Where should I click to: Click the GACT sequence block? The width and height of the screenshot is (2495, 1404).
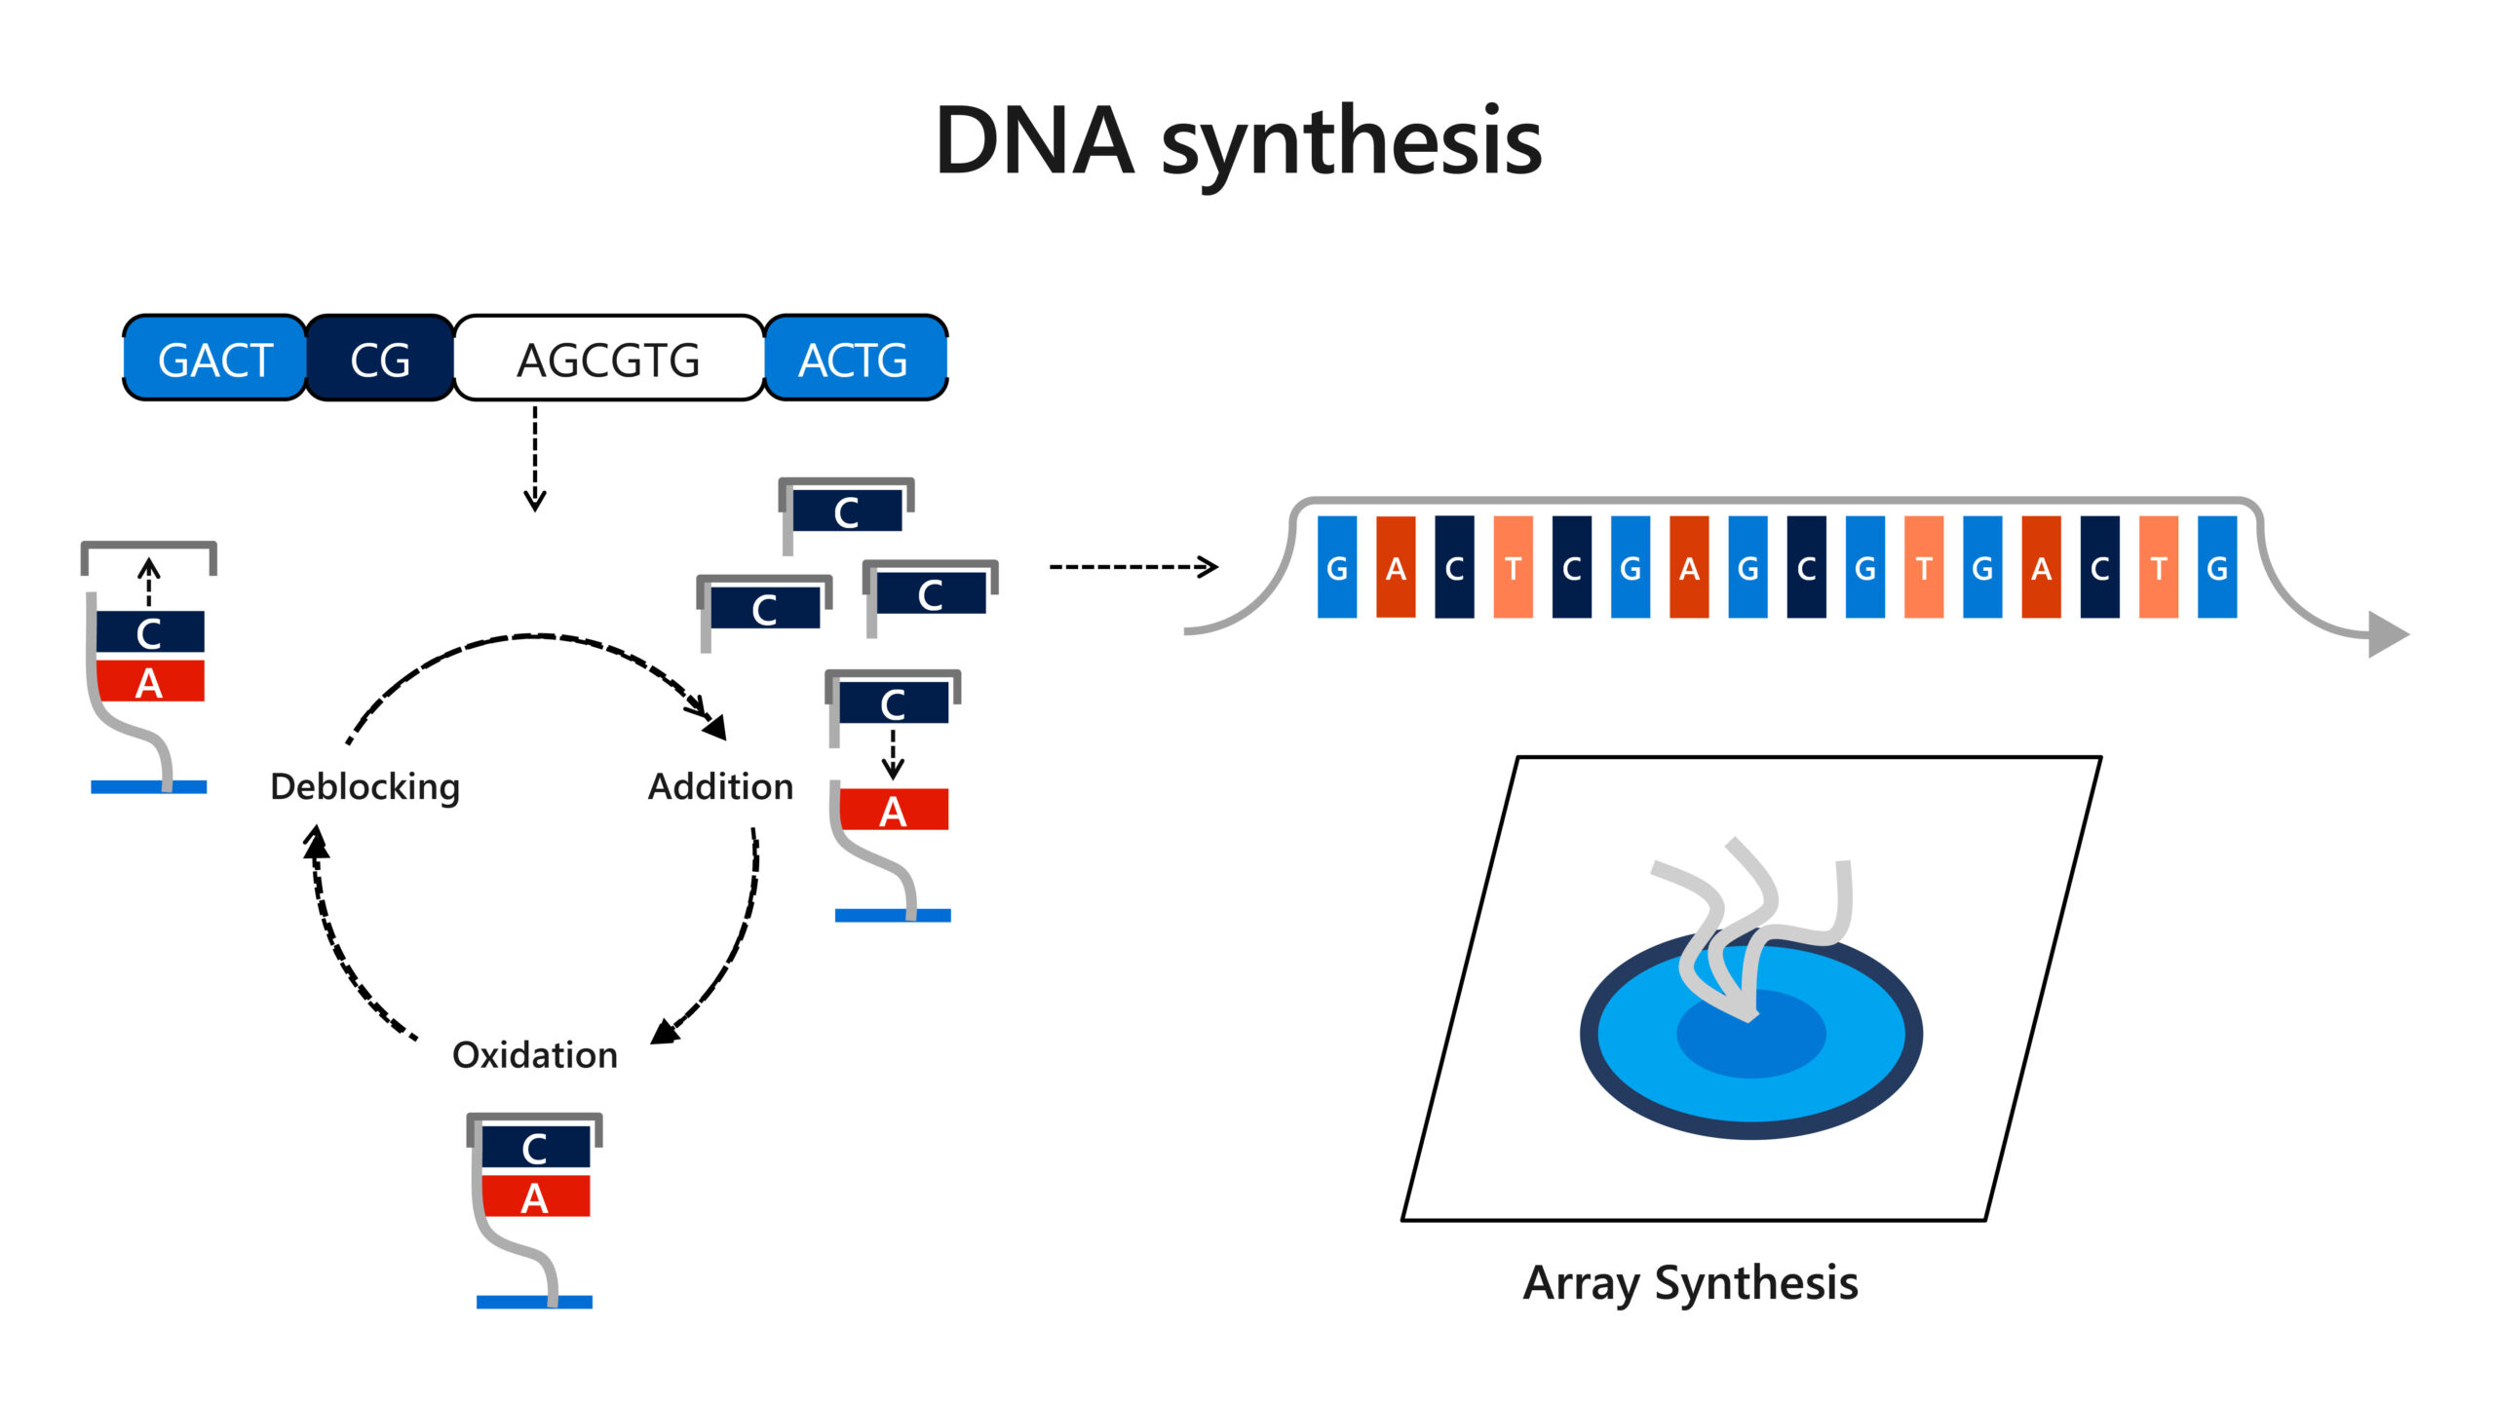click(214, 359)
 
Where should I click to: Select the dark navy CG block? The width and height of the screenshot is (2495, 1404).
click(380, 359)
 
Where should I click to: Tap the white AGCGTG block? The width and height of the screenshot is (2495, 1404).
click(608, 359)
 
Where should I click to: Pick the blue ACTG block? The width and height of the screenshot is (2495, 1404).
click(854, 359)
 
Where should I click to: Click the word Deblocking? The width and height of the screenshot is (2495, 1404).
click(365, 786)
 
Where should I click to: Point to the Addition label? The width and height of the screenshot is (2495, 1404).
click(720, 786)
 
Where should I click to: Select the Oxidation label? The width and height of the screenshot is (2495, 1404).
click(535, 1054)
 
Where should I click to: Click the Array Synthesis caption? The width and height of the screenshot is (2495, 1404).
click(1690, 1282)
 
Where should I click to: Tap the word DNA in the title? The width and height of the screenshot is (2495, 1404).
click(1034, 141)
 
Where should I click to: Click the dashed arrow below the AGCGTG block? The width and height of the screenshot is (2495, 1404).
click(535, 458)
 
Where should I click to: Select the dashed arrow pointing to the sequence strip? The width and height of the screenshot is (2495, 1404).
click(1133, 566)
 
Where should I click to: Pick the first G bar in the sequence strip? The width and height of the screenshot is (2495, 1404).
click(1337, 567)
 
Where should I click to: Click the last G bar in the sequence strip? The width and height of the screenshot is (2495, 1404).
click(2217, 567)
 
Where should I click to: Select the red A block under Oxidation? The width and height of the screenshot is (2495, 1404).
click(535, 1196)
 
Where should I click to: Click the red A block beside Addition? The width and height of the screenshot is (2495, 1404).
click(893, 810)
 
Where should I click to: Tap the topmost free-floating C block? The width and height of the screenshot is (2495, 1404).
click(846, 512)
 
